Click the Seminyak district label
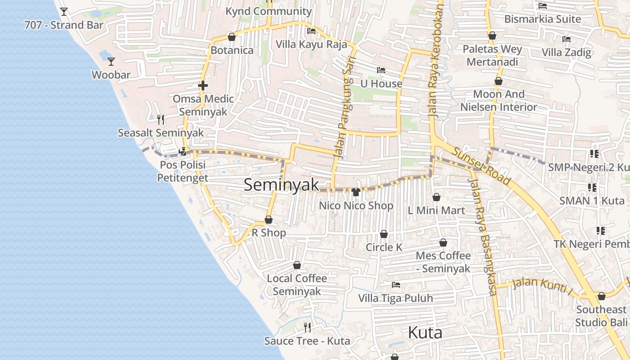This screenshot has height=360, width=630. coord(281,185)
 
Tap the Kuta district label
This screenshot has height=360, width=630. coord(425,333)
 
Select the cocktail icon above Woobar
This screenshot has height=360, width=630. coord(111,61)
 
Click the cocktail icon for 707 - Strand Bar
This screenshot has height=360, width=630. coord(64,11)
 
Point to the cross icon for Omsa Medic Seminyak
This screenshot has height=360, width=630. coord(203,85)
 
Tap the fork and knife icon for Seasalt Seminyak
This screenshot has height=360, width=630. coord(161,119)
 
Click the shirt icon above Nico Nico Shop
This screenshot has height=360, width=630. coord(356,192)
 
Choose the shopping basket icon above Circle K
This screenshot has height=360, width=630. coord(384,234)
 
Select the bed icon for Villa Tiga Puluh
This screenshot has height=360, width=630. coord(396,285)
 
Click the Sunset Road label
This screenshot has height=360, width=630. coord(482,166)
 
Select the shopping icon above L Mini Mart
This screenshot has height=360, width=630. coord(436,197)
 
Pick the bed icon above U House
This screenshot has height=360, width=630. coord(381,70)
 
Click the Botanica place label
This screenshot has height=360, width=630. coord(232,50)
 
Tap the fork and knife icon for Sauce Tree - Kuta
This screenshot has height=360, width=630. coord(307,327)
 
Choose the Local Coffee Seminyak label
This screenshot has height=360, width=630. coord(297,285)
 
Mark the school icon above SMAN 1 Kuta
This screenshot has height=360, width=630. coord(592,187)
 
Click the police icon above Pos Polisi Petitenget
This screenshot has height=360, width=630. coord(183,152)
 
